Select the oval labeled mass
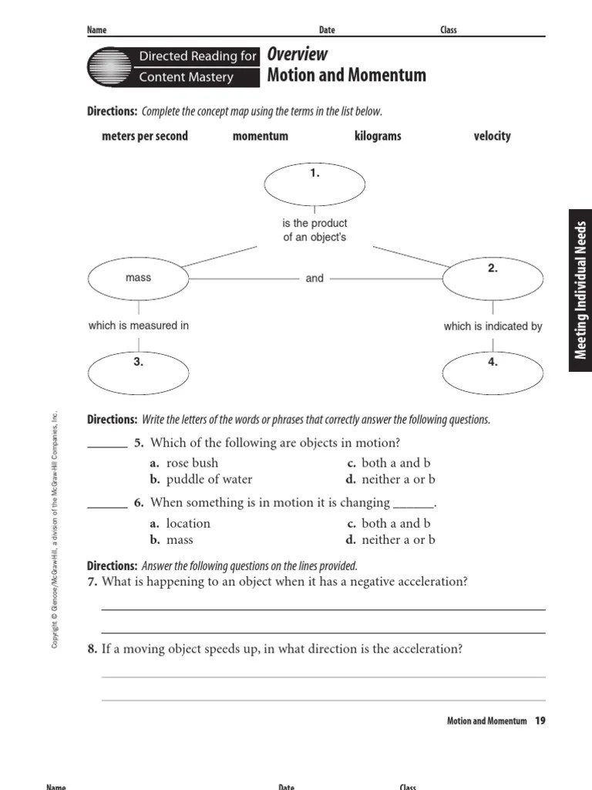(138, 279)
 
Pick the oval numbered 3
(138, 371)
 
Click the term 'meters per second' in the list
(145, 137)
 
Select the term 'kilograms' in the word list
(378, 137)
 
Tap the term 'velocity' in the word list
(493, 137)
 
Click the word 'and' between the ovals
(314, 279)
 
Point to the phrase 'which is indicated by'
(493, 326)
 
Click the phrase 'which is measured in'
(139, 326)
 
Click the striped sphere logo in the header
(110, 66)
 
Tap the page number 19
(540, 721)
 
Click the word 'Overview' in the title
(297, 55)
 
